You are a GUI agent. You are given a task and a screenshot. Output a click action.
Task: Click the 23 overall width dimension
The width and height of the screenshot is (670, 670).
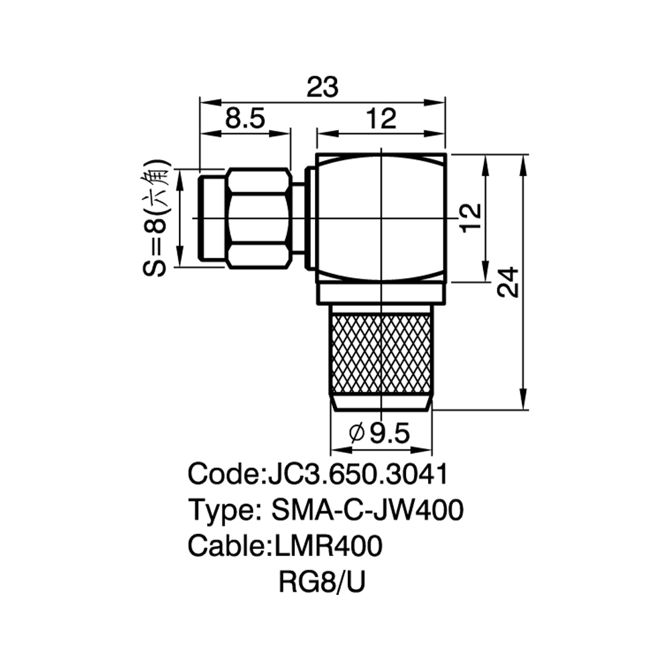click(x=323, y=86)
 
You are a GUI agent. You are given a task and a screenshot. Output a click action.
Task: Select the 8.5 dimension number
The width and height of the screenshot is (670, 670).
click(x=245, y=118)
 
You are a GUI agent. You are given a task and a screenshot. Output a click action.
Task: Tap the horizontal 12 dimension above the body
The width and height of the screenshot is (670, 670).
click(x=381, y=119)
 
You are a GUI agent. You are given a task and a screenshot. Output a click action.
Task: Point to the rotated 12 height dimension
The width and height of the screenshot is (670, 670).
click(x=471, y=218)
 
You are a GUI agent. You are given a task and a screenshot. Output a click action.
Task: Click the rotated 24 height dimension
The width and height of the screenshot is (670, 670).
click(x=508, y=282)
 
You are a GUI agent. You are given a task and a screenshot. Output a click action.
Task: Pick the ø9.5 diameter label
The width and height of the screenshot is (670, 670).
click(x=379, y=433)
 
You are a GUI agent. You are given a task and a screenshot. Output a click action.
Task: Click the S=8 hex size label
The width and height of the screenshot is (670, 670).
click(x=154, y=247)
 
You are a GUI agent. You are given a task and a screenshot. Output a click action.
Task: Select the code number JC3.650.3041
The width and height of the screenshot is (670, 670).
click(x=357, y=474)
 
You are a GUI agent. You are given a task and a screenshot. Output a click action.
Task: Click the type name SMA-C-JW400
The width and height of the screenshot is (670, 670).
click(x=367, y=509)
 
